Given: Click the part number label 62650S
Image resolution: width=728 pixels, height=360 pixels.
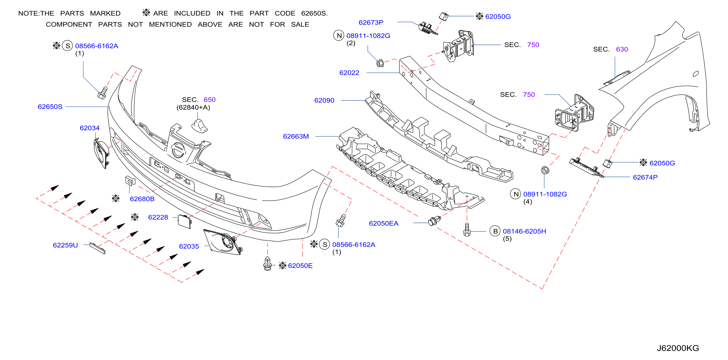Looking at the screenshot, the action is pyautogui.click(x=50, y=106).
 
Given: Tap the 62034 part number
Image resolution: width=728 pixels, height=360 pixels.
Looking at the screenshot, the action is pyautogui.click(x=90, y=128).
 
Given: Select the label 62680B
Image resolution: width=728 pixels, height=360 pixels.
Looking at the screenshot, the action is pyautogui.click(x=142, y=199).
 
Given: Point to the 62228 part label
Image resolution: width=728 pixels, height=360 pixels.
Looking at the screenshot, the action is pyautogui.click(x=158, y=217).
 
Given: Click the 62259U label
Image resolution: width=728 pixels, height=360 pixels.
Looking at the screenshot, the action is pyautogui.click(x=65, y=245).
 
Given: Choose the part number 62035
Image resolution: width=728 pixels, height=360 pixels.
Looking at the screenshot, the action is pyautogui.click(x=189, y=246).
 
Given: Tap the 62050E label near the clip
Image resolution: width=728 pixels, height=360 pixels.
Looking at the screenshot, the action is pyautogui.click(x=300, y=266).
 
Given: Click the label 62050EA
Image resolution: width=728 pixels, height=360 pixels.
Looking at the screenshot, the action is pyautogui.click(x=383, y=223).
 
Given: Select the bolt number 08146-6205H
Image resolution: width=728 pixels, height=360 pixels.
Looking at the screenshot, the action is pyautogui.click(x=524, y=231).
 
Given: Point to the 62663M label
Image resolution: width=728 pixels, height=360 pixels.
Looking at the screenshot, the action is pyautogui.click(x=296, y=136).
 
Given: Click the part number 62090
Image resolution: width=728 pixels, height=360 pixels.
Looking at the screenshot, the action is pyautogui.click(x=324, y=100).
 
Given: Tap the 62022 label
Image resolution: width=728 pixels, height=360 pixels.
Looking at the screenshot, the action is pyautogui.click(x=349, y=73).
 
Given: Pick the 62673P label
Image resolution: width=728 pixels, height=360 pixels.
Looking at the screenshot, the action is pyautogui.click(x=371, y=22).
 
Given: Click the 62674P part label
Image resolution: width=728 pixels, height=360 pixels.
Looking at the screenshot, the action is pyautogui.click(x=645, y=177).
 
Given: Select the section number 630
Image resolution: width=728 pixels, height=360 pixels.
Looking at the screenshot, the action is pyautogui.click(x=622, y=49).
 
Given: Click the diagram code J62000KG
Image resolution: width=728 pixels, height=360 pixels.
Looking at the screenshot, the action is pyautogui.click(x=678, y=348).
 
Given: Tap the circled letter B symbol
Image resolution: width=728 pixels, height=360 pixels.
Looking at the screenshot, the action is pyautogui.click(x=495, y=231).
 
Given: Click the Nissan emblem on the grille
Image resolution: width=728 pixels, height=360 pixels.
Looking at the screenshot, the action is pyautogui.click(x=179, y=150).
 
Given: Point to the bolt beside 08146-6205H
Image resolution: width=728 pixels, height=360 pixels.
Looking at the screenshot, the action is pyautogui.click(x=467, y=230).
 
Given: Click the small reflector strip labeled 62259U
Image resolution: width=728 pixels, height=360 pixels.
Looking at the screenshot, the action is pyautogui.click(x=97, y=248).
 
